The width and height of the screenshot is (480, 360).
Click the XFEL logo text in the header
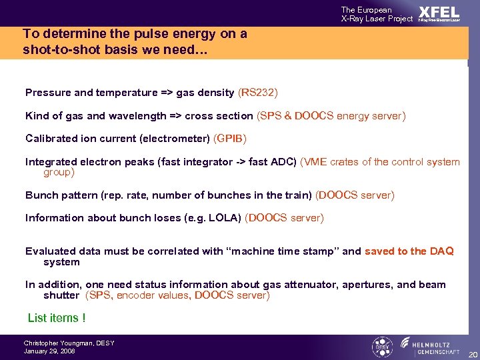[x=439, y=12]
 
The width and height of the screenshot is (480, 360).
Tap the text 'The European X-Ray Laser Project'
[x=377, y=14]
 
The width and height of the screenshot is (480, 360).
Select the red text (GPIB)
[x=230, y=139]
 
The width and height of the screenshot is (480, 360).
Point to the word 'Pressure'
[x=47, y=93]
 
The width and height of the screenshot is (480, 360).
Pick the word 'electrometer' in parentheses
[x=179, y=139]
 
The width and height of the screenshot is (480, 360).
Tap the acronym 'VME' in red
[x=315, y=162]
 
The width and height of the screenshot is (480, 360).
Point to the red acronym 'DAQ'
[x=442, y=251]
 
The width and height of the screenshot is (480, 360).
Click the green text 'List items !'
[x=57, y=319]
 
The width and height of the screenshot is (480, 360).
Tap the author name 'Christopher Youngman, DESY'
[x=69, y=343]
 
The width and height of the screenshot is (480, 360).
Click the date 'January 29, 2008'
[x=49, y=351]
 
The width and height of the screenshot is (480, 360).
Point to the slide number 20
[x=472, y=354]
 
